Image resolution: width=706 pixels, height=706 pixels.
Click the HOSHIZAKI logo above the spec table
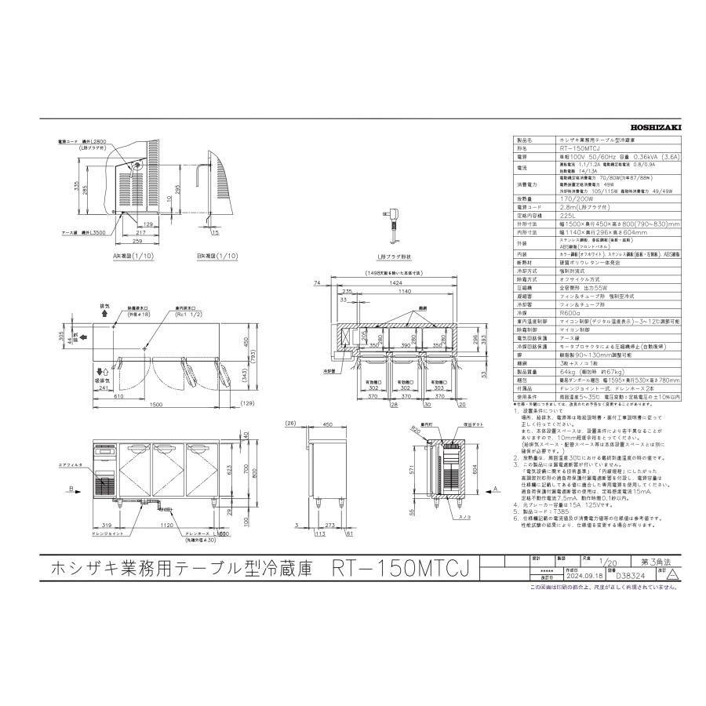point(660,125)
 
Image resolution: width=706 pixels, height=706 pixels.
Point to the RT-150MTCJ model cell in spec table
point(580,147)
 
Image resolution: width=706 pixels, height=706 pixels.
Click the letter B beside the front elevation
point(72,488)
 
